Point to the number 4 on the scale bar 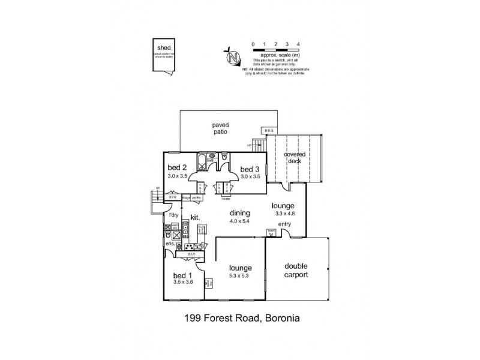click(x=298, y=44)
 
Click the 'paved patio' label click(x=220, y=128)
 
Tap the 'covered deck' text click(x=295, y=158)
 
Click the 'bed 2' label click(x=178, y=167)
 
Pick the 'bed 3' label click(x=250, y=170)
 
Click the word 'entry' click(x=284, y=224)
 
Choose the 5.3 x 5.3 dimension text click(x=239, y=276)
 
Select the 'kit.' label click(x=195, y=217)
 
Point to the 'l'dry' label click(x=173, y=215)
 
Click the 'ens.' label click(x=170, y=244)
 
